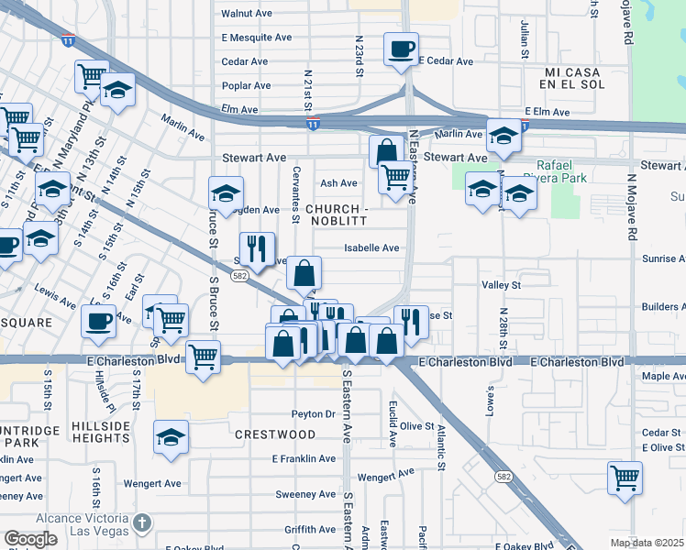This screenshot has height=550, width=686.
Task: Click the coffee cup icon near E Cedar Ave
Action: click(401, 49)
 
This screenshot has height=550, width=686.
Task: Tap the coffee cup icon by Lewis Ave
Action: click(98, 321)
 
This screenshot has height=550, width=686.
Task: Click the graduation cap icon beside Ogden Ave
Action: click(226, 193)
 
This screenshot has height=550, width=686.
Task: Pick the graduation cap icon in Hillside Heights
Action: click(171, 437)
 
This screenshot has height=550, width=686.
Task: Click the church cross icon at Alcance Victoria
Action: click(140, 522)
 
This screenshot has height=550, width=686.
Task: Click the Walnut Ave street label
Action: click(247, 14)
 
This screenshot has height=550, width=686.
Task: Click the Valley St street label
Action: click(501, 285)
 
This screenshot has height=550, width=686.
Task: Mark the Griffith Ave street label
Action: click(311, 529)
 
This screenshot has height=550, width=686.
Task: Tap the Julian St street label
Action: click(525, 38)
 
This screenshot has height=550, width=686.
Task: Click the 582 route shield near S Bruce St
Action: click(238, 276)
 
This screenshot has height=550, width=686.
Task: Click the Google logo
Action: click(30, 539)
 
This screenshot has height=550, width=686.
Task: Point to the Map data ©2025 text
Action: click(646, 543)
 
